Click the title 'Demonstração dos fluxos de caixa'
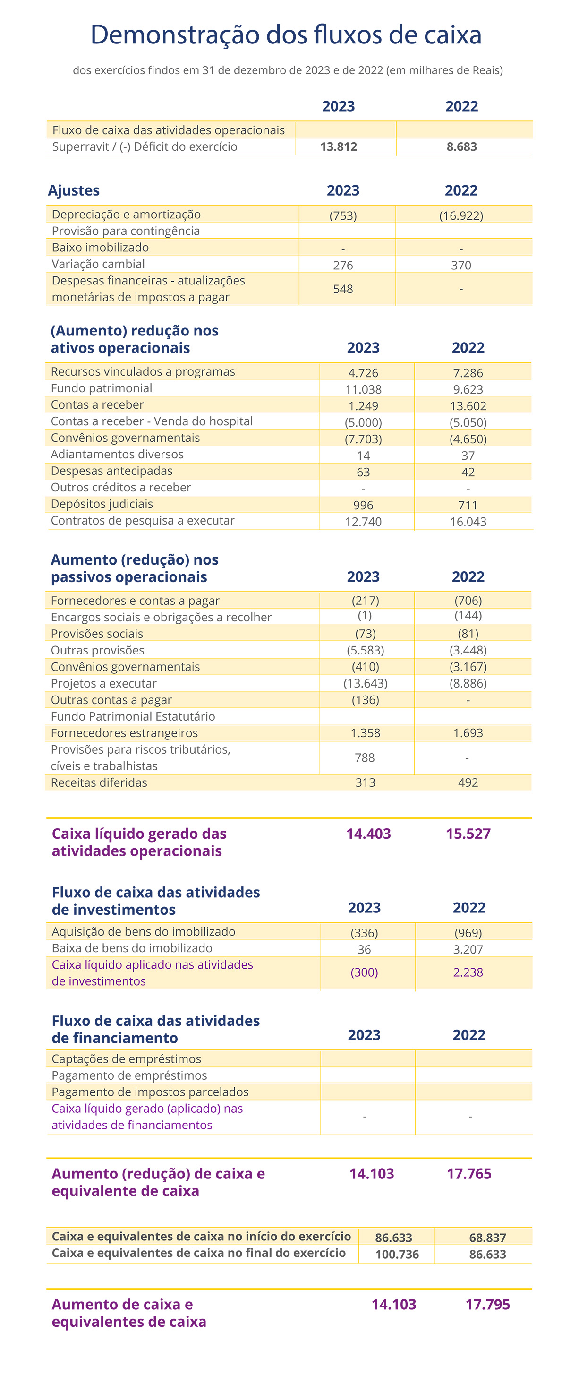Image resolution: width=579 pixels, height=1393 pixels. (286, 35)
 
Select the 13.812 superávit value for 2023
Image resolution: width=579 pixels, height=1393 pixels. (339, 146)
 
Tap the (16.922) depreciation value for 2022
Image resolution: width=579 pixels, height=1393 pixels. (461, 216)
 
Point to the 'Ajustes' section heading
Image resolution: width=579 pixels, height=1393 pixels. (74, 191)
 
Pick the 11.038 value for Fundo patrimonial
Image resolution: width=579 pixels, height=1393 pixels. (363, 389)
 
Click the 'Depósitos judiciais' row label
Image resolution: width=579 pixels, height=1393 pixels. (102, 504)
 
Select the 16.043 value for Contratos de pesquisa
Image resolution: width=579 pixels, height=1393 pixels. (468, 522)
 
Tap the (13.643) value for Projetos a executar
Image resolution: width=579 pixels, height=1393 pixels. (366, 684)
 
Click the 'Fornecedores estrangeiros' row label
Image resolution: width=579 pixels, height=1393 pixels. (124, 733)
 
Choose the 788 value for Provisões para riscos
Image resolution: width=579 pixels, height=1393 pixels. (365, 757)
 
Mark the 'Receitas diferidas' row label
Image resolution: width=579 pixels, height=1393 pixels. (99, 782)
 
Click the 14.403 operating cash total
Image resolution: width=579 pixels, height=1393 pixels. (368, 834)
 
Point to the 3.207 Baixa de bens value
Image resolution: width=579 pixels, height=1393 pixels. (468, 950)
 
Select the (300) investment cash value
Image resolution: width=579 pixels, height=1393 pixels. (365, 972)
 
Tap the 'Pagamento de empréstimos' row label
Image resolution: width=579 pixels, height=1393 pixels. (129, 1075)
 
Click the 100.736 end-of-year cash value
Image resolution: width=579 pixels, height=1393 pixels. (397, 1255)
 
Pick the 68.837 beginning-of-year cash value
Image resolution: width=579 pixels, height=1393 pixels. (488, 1238)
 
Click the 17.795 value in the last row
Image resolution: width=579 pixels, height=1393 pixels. (488, 1304)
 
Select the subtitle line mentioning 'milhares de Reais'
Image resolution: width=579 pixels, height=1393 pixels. (288, 70)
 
